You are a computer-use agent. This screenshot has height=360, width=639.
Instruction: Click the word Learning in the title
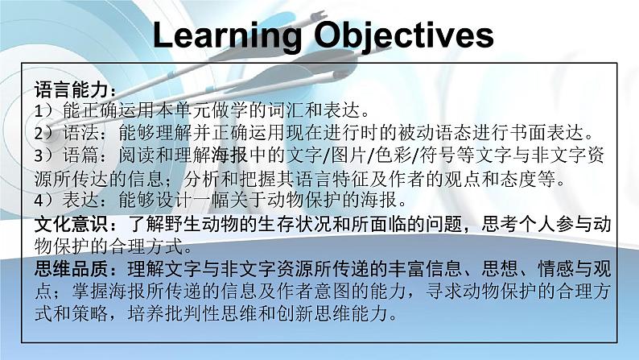(227, 35)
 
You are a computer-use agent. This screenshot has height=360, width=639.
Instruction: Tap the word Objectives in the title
(404, 35)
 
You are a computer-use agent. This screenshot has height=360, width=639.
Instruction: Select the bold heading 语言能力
(72, 89)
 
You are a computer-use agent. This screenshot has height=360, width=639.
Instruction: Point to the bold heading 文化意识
(72, 224)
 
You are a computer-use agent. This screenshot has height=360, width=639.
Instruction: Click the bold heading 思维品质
(72, 269)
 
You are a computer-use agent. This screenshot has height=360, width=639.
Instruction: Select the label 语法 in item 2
(81, 133)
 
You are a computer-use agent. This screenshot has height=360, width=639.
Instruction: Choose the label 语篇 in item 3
(81, 155)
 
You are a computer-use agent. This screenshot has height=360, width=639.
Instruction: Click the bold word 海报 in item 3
(229, 155)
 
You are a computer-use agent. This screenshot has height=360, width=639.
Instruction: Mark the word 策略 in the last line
(90, 313)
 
